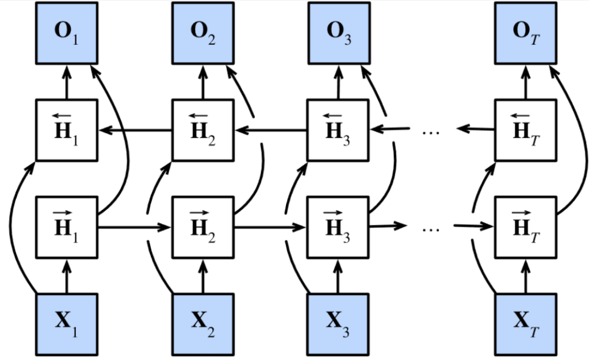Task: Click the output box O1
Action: coord(67,33)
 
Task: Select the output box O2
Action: coord(203,33)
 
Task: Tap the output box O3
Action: coord(338,33)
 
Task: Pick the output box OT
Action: coord(526,33)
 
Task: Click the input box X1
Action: coord(67,323)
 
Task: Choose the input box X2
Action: coord(203,323)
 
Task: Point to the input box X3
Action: coord(338,323)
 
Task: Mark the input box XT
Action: coord(526,323)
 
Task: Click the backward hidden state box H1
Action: coord(67,130)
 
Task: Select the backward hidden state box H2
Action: coord(203,130)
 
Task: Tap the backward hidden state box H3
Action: coord(338,130)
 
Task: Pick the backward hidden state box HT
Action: coord(526,130)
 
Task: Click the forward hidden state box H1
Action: coord(67,227)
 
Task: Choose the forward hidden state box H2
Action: coord(203,227)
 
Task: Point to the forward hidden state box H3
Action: coord(338,227)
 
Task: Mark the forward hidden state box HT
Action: coord(526,227)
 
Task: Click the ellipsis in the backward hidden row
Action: coord(430,132)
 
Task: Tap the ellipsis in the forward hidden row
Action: coord(430,228)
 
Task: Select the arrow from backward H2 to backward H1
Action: coord(136,131)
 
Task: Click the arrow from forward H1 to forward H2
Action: coord(136,227)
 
